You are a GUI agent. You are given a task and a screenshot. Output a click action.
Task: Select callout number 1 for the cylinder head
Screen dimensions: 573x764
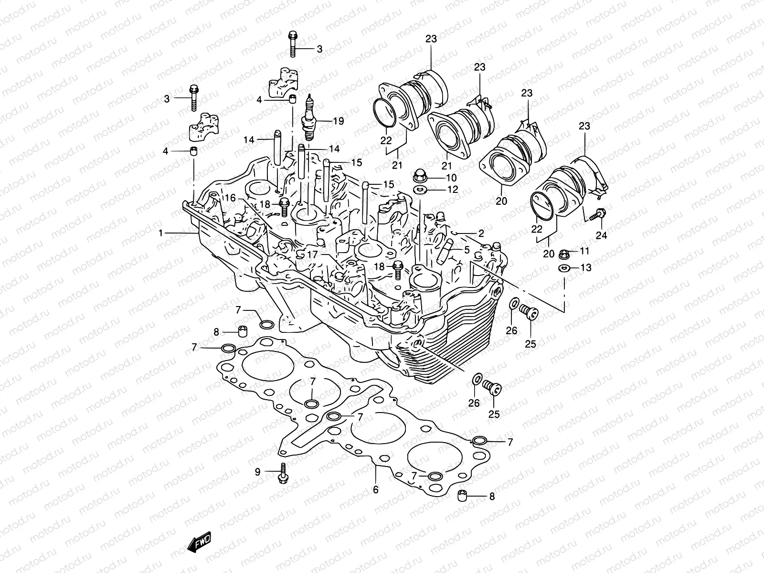click(x=161, y=233)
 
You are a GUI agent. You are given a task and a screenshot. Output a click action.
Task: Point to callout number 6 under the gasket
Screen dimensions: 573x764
click(x=376, y=490)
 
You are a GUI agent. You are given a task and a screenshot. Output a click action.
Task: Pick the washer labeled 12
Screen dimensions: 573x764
click(x=420, y=190)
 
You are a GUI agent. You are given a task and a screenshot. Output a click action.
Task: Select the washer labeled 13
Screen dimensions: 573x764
click(x=563, y=267)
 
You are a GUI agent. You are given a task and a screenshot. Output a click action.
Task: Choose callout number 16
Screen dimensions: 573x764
click(x=231, y=197)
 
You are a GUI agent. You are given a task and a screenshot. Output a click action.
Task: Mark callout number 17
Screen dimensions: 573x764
click(x=312, y=255)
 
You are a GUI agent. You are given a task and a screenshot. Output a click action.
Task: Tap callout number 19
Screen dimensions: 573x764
click(x=338, y=121)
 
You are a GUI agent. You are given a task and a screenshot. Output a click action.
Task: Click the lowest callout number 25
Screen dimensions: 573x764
click(x=494, y=414)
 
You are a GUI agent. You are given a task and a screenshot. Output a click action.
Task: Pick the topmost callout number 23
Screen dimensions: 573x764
click(x=431, y=39)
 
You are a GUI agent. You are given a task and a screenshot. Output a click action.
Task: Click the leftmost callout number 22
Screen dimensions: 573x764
click(x=386, y=141)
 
